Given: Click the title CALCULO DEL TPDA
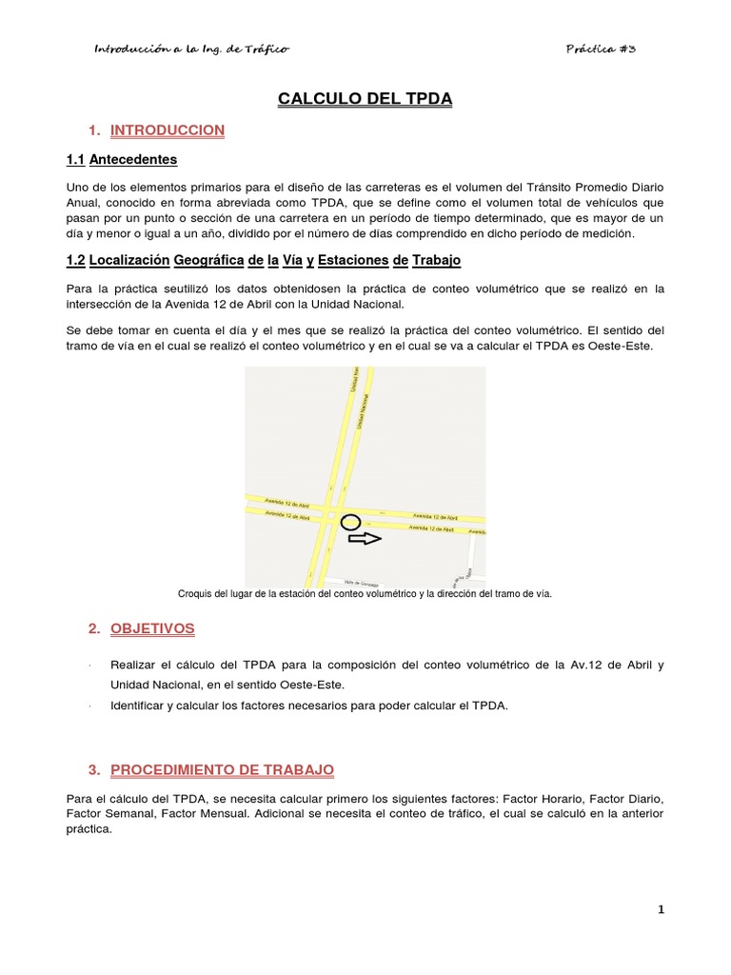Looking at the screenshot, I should pos(365,99).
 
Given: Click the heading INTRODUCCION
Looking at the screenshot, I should pos(168,129).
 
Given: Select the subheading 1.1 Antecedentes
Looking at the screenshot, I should pos(121,159).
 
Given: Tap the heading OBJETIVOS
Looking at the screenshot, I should pos(152,628).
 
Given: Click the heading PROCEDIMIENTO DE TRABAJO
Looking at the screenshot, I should pos(222,768).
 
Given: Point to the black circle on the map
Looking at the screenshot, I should pos(350,522).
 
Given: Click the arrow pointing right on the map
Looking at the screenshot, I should pos(365,539).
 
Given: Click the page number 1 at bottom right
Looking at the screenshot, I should pos(661,909).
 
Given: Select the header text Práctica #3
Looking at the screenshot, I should pos(600,49).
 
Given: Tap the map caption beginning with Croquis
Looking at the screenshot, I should pos(365,593).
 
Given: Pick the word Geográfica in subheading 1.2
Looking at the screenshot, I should pos(207,260).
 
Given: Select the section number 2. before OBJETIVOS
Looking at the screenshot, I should pos(93,628).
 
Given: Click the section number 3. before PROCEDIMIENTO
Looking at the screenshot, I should pos(93,768).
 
